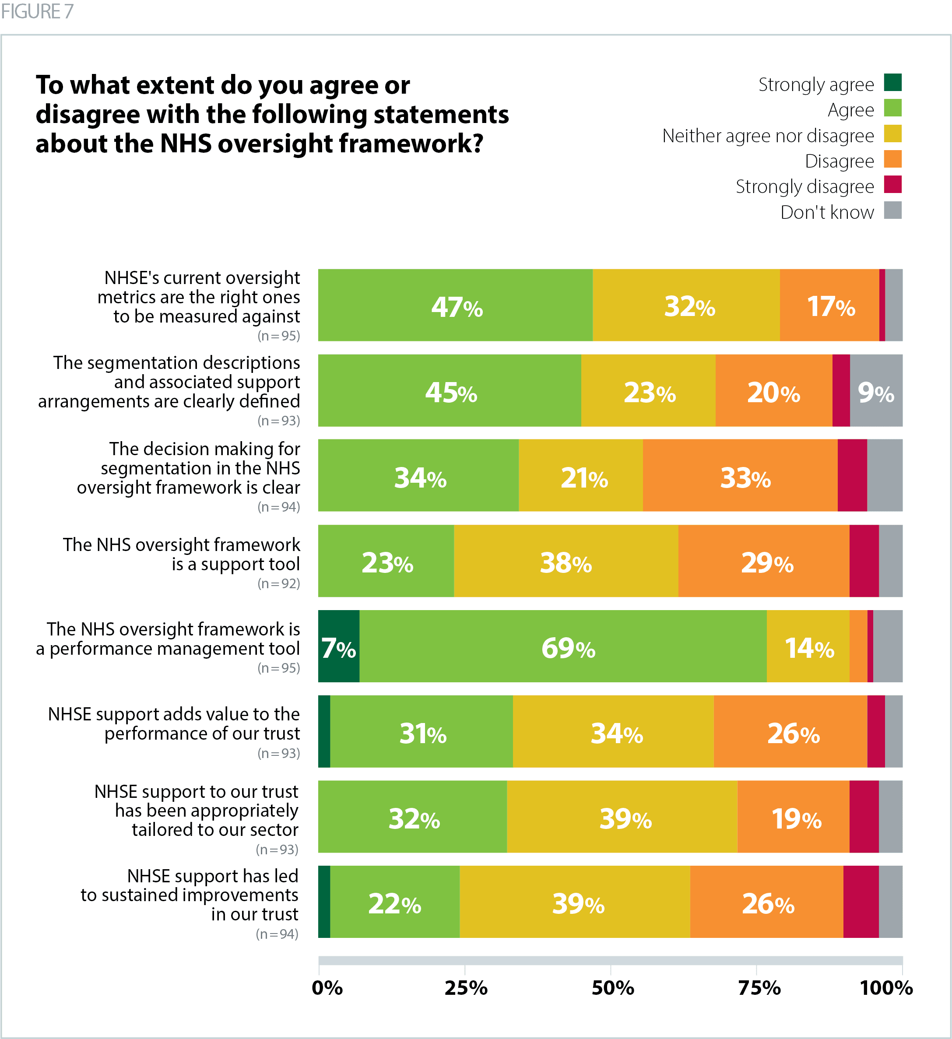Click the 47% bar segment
(x=455, y=305)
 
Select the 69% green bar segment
(x=563, y=646)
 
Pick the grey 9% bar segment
(x=876, y=391)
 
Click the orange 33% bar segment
(x=740, y=475)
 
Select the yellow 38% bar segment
(x=566, y=561)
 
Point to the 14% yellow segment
(x=808, y=646)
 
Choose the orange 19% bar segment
(x=793, y=816)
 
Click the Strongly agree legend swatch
(x=893, y=82)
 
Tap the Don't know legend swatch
(x=893, y=210)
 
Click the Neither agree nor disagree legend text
(x=768, y=136)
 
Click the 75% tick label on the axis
(x=759, y=988)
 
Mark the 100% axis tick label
(x=886, y=988)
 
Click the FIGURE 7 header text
(x=37, y=11)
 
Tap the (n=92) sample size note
(x=279, y=583)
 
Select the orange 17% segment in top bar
(x=829, y=305)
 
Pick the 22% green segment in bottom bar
(x=395, y=902)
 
